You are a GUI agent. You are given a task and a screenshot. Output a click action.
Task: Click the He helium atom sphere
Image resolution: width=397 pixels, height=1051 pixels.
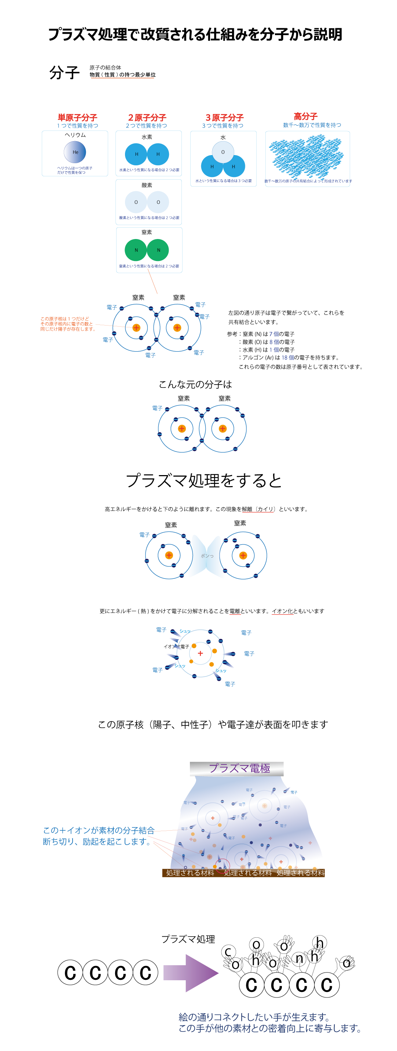tap(75, 152)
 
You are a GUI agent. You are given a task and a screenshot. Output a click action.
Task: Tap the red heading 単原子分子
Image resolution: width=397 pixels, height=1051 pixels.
tap(77, 118)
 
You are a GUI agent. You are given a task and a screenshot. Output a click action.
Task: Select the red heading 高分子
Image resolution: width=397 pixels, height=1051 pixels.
tap(306, 116)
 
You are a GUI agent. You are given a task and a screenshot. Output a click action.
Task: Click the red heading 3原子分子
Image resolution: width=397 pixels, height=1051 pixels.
tap(224, 118)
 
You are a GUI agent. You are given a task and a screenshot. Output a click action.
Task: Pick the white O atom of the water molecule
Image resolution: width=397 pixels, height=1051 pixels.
tap(223, 152)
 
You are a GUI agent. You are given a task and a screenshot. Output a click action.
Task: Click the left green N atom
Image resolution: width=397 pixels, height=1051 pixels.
tap(136, 250)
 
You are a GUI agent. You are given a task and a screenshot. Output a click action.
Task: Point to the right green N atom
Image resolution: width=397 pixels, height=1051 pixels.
tap(158, 250)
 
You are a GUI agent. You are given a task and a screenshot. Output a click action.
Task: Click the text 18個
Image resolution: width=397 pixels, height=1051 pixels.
tap(288, 357)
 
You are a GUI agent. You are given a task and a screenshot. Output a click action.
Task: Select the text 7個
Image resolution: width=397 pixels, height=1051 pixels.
tap(274, 334)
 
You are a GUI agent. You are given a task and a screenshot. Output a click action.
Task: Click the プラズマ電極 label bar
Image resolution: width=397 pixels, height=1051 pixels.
tap(237, 769)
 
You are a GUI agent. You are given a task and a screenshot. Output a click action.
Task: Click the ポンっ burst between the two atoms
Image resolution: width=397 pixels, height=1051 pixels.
tap(207, 556)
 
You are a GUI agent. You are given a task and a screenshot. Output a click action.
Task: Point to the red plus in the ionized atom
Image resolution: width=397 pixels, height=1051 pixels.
tap(201, 653)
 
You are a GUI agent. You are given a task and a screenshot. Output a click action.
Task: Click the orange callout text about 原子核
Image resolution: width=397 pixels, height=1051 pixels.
tap(67, 324)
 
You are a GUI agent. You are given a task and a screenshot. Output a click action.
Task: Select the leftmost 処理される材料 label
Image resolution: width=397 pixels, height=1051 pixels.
tap(190, 873)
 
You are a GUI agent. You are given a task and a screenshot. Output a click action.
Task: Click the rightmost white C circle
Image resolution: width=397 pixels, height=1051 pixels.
tap(326, 985)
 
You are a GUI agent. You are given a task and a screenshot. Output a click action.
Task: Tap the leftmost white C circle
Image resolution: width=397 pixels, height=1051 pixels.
tap(251, 985)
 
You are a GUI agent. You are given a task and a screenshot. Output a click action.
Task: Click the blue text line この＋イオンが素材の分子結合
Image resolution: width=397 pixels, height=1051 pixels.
tap(99, 830)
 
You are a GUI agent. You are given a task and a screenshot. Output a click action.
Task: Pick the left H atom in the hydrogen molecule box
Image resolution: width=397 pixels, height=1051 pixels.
tap(136, 154)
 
